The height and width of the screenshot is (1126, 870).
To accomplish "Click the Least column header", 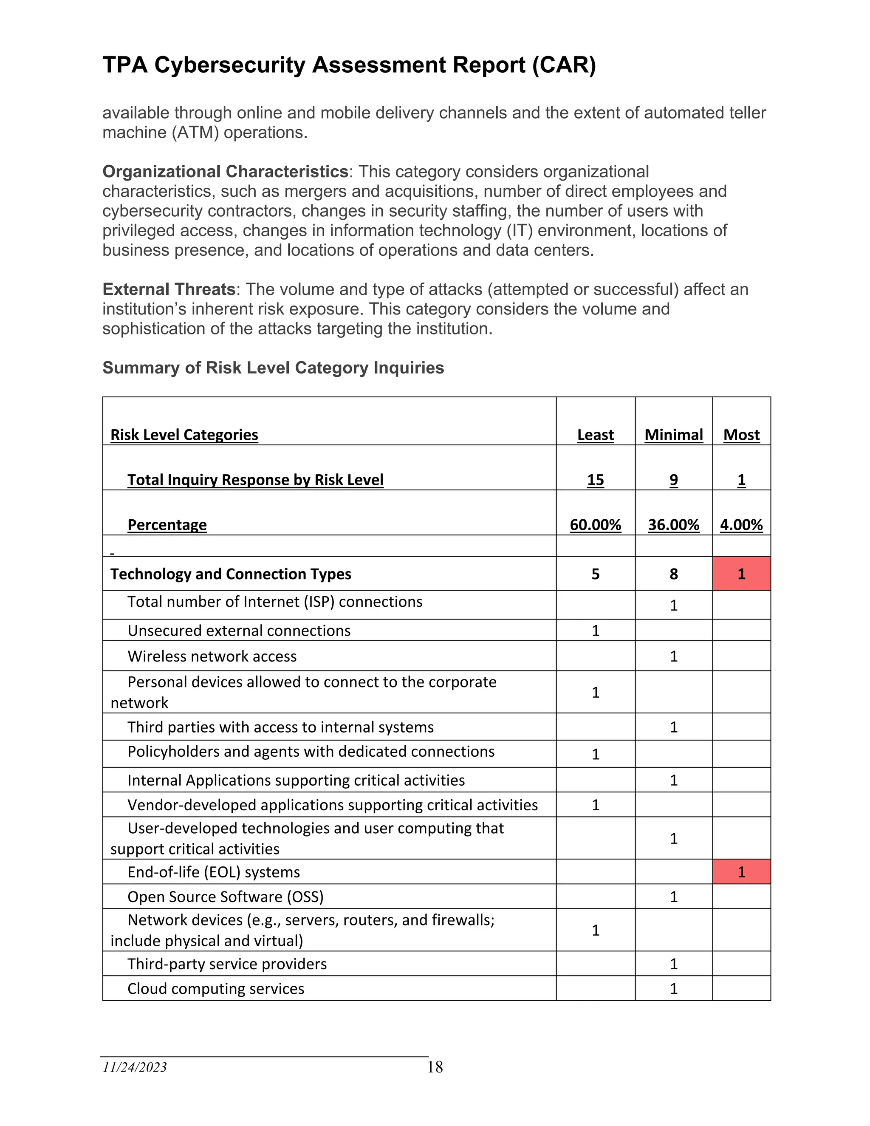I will [x=595, y=435].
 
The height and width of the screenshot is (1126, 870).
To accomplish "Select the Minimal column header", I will [x=674, y=435].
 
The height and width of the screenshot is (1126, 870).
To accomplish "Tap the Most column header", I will [x=741, y=435].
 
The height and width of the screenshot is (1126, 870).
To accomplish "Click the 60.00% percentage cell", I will [x=595, y=524].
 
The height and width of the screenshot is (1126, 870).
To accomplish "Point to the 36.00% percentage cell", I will [x=674, y=524].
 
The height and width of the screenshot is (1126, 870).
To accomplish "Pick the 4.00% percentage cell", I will [x=741, y=524].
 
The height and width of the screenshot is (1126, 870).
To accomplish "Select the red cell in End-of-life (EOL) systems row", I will [x=741, y=872].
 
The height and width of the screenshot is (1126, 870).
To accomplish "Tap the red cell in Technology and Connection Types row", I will [x=741, y=574].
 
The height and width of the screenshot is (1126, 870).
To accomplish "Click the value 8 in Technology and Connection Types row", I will [x=674, y=574].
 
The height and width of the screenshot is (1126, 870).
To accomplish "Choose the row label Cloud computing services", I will [x=215, y=988].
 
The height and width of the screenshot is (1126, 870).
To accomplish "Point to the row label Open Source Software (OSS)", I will [x=225, y=897].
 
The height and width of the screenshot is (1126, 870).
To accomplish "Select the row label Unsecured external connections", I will [x=239, y=631].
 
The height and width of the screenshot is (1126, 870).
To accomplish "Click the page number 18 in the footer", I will [x=435, y=1067].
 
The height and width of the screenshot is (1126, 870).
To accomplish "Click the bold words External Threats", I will [x=169, y=289].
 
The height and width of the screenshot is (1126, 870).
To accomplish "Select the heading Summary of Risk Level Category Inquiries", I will [x=273, y=368].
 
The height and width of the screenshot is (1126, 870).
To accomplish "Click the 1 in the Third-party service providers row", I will [x=674, y=964].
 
